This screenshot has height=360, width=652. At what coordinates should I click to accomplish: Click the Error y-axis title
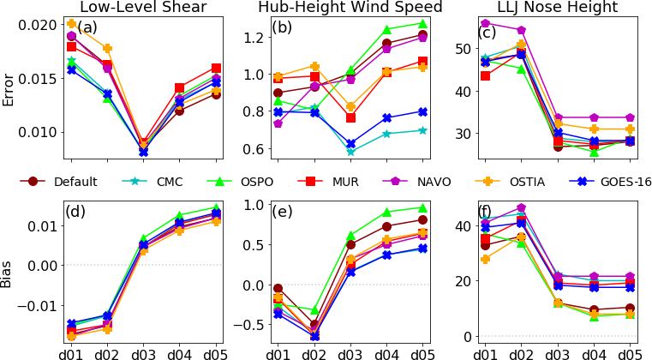(9, 90)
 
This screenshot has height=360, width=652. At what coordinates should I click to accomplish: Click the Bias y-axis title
(9, 273)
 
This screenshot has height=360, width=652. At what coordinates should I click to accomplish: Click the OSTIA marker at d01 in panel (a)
(71, 24)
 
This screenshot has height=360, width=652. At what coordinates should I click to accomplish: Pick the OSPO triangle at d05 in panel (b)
(422, 23)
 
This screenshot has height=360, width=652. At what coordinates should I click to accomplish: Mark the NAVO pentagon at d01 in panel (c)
(485, 23)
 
